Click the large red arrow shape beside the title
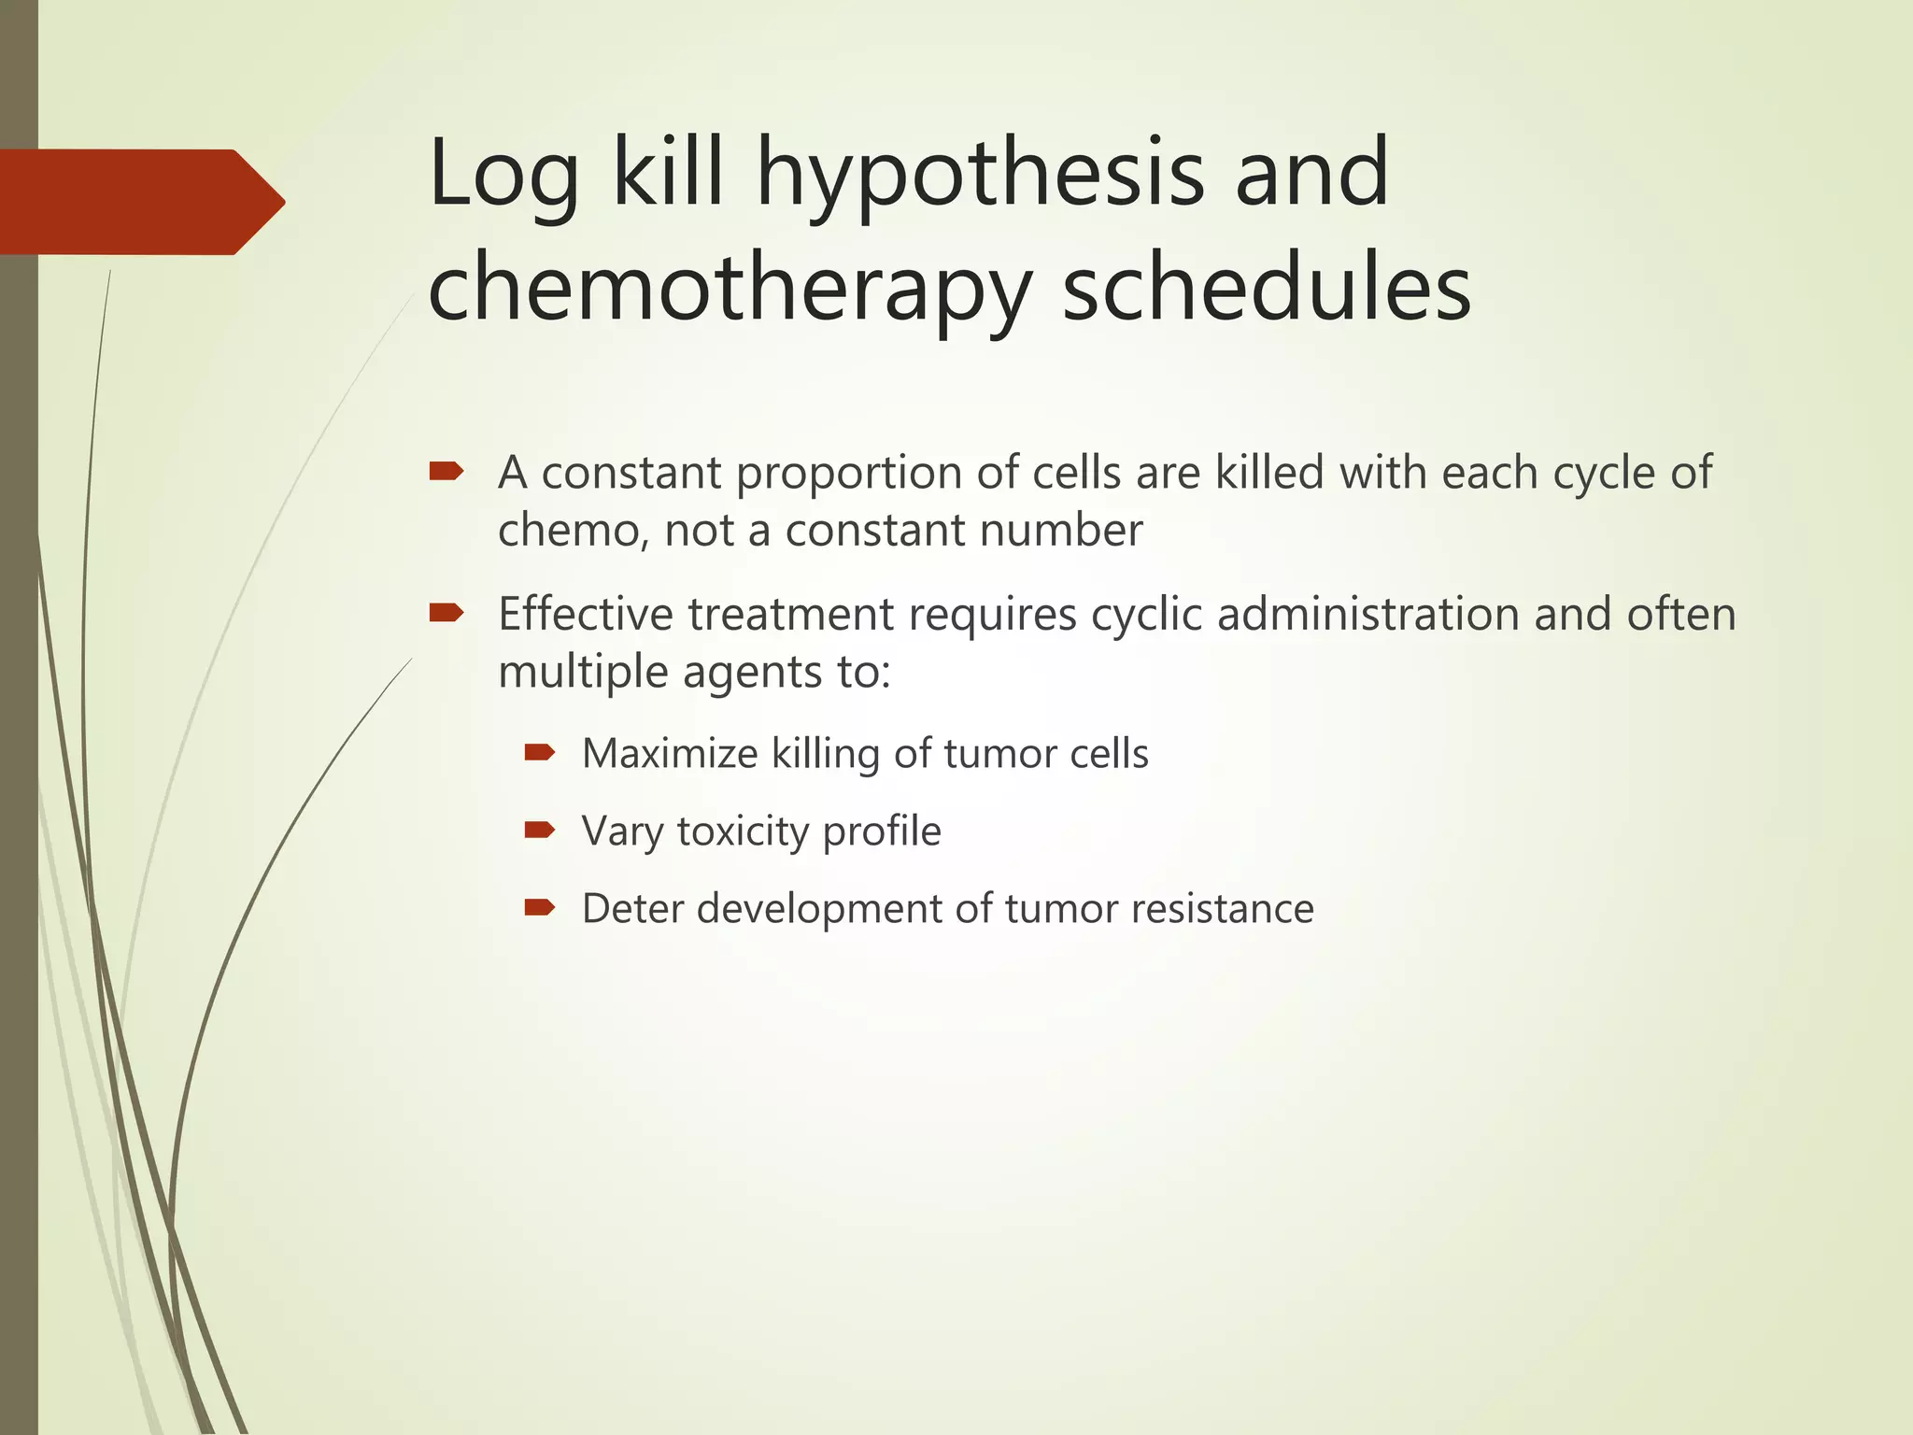point(140,202)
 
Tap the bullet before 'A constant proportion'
point(446,471)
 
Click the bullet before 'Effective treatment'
point(446,613)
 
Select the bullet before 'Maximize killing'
point(540,752)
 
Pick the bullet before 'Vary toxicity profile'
point(540,830)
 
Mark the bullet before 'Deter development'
point(540,907)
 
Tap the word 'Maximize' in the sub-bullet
point(669,753)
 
